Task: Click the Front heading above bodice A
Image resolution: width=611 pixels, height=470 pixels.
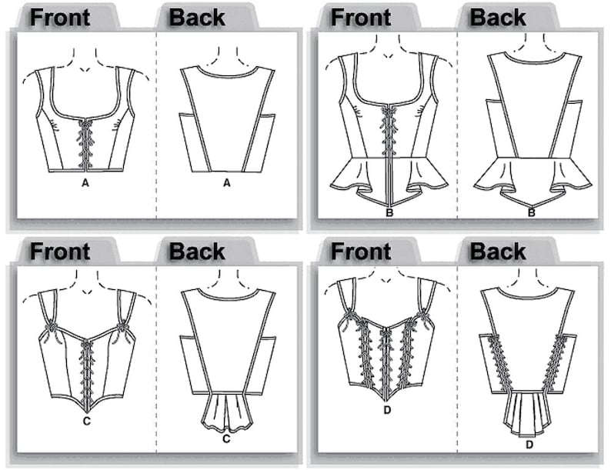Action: [59, 18]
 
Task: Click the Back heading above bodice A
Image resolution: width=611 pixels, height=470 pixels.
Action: [197, 18]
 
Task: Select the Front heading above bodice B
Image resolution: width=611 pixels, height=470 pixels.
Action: [360, 18]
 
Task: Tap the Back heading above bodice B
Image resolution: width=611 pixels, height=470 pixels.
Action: [498, 18]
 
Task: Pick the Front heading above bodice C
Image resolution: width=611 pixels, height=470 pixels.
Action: [59, 251]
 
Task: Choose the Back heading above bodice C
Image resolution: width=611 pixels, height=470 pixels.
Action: [197, 251]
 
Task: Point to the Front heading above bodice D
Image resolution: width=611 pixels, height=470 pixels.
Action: [360, 251]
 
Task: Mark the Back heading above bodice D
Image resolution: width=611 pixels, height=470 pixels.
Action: [498, 251]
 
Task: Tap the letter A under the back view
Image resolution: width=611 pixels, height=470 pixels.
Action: [226, 184]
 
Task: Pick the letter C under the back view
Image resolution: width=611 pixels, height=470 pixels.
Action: [226, 439]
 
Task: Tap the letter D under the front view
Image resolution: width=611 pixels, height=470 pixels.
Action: [387, 410]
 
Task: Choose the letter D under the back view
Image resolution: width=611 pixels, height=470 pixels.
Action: [529, 445]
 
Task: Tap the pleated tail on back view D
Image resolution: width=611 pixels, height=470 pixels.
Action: [529, 412]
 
